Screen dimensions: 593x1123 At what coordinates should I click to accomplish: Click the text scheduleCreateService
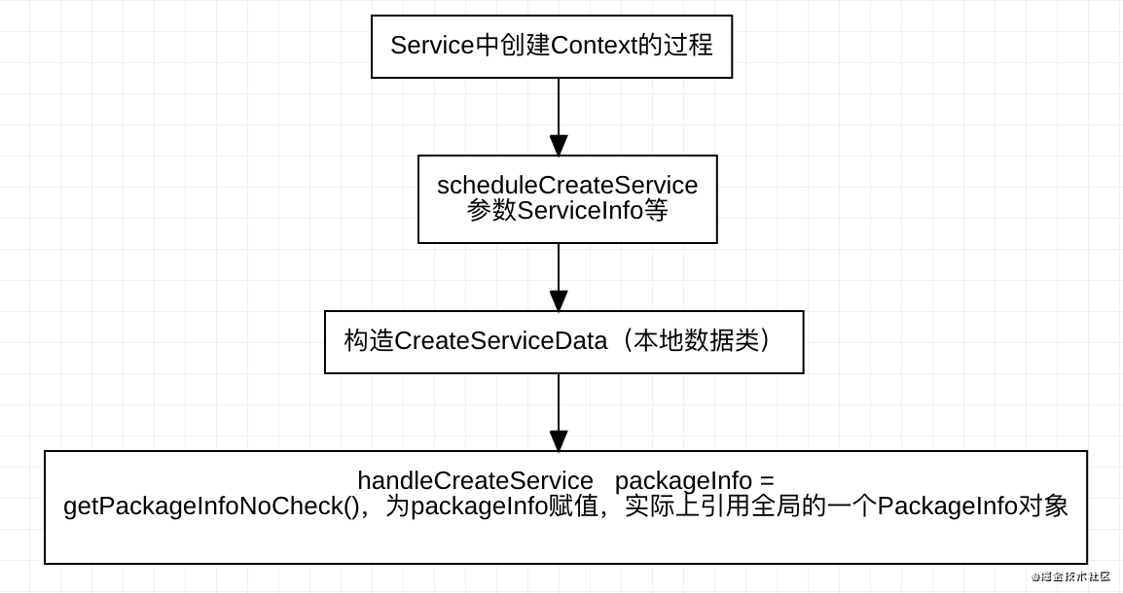[x=567, y=185]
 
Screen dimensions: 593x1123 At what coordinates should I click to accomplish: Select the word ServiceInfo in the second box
[x=580, y=210]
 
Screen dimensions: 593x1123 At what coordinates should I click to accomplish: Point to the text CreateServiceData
[x=500, y=341]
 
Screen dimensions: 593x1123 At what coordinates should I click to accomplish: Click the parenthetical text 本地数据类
[x=695, y=341]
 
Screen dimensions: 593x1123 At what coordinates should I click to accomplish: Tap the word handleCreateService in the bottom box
[x=475, y=480]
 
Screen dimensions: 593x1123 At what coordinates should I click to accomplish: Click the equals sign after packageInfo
[x=767, y=481]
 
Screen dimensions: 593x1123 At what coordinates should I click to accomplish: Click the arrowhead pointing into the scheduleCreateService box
[x=559, y=146]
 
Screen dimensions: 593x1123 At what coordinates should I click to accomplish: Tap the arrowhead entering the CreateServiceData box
[x=559, y=301]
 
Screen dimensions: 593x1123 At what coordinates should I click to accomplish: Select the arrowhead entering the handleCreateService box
[x=559, y=441]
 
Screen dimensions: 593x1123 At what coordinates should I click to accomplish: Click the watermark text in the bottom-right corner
[x=1070, y=576]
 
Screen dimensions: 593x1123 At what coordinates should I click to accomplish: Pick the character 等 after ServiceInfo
[x=656, y=210]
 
